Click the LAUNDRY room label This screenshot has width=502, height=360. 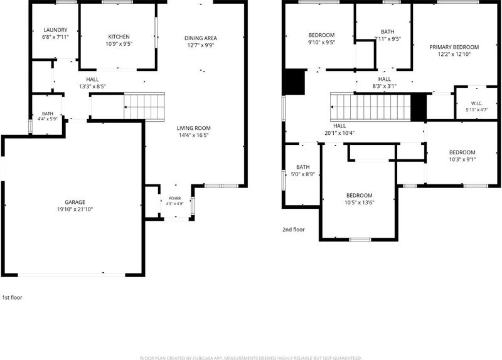(x=55, y=30)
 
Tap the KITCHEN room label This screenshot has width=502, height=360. (x=119, y=37)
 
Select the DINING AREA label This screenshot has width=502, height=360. (x=201, y=38)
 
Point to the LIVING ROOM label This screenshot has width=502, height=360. (x=194, y=129)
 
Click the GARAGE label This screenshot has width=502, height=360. (x=75, y=202)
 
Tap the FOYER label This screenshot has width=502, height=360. (x=175, y=198)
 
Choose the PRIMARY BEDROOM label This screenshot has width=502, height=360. (x=454, y=48)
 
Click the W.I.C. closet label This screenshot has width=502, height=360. (x=477, y=103)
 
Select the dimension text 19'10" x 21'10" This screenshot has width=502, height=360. (x=75, y=209)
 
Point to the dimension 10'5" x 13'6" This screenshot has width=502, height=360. (x=359, y=203)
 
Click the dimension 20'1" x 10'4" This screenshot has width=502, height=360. (x=339, y=133)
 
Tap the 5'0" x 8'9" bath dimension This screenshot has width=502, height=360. (x=303, y=174)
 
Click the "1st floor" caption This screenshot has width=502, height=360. (x=12, y=298)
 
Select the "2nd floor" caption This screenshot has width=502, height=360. (x=294, y=230)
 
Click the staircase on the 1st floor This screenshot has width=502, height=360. (x=144, y=107)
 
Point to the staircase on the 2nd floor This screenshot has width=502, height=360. (x=370, y=107)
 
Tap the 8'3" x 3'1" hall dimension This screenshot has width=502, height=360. (x=385, y=86)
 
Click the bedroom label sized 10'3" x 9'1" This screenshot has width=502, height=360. (x=462, y=152)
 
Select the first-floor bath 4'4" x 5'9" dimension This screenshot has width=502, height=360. (x=48, y=119)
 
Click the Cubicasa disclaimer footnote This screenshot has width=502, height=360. (x=250, y=357)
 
